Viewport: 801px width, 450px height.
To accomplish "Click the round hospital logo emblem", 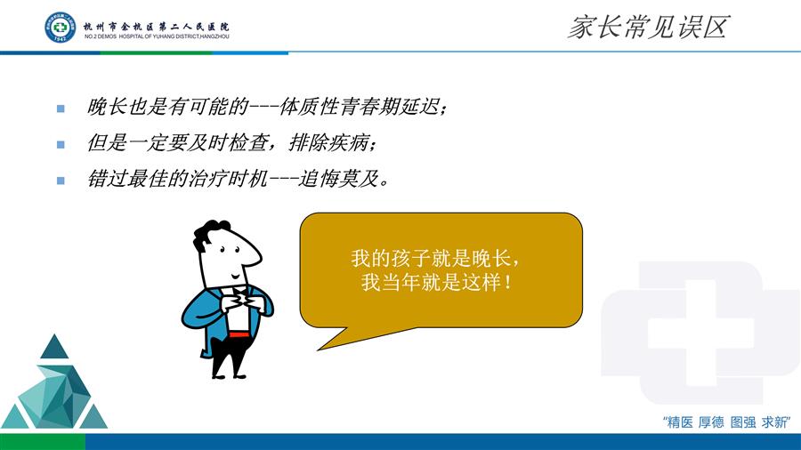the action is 60,27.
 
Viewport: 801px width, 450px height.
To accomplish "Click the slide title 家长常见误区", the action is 648,27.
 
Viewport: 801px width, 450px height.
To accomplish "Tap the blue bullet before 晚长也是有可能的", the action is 61,108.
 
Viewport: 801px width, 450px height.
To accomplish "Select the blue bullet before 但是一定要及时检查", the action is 61,144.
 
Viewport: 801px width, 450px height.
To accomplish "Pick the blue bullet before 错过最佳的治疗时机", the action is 61,181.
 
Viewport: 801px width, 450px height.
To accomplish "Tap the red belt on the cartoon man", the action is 239,334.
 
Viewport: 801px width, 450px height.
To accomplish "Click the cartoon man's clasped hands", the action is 241,300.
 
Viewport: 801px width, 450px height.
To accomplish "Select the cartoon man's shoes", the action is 228,375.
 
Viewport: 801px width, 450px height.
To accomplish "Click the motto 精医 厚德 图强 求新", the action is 726,422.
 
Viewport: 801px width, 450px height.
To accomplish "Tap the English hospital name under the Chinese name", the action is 157,36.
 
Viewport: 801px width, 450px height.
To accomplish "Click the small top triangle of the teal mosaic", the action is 54,347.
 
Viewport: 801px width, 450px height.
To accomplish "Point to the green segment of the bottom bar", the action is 43,442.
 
